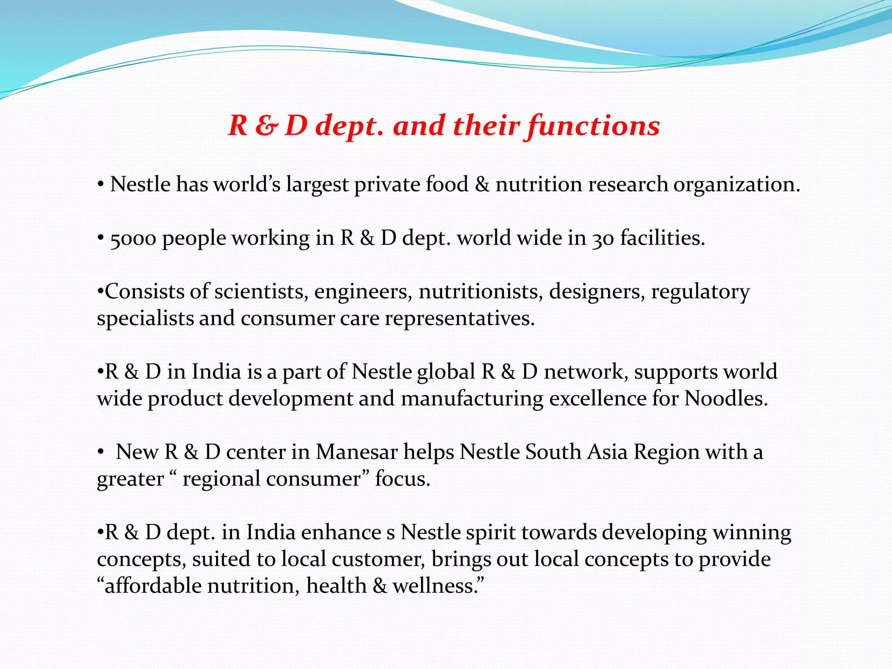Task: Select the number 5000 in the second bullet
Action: click(x=133, y=239)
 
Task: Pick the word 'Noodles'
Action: click(x=726, y=399)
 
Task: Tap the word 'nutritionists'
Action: click(x=481, y=291)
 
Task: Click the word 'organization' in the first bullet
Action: click(x=737, y=185)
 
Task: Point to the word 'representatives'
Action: click(x=459, y=318)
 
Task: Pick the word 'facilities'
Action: click(x=662, y=239)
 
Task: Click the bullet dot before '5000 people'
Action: click(x=101, y=239)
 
